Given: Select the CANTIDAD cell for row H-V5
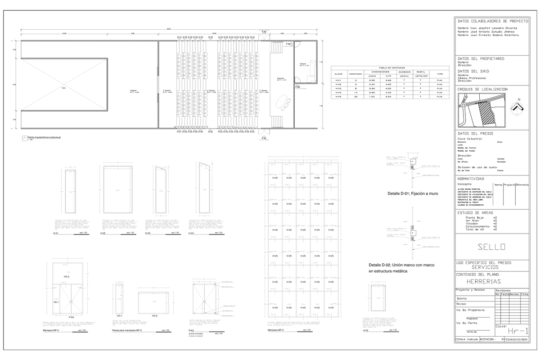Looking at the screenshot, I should [356, 97].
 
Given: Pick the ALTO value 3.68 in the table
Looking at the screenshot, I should [388, 80].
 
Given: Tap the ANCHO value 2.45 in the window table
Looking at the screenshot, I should [372, 85].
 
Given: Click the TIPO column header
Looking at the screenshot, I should [440, 73].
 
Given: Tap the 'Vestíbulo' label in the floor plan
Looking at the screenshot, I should [133, 91].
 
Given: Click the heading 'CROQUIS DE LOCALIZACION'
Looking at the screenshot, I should [482, 90].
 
